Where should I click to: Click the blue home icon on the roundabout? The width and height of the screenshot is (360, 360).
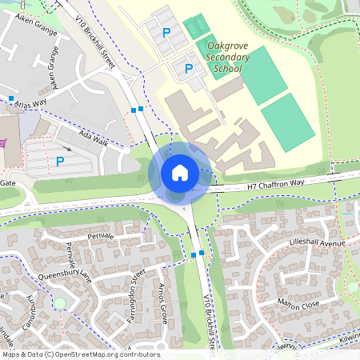pos(180,173)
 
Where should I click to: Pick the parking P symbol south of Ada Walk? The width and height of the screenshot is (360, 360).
pos(59,162)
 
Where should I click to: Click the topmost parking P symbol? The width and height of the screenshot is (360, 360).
pos(166,33)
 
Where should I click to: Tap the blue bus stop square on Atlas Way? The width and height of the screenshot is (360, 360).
pos(12,99)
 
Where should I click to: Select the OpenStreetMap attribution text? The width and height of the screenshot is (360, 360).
pos(81,354)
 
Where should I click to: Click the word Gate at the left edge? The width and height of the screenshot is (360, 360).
pos(8,183)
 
